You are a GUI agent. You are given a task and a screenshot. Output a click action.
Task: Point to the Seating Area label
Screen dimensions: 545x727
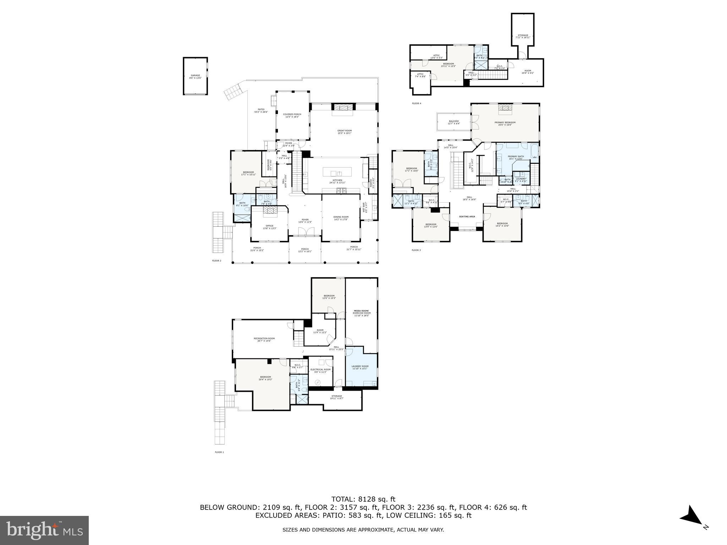point(467,216)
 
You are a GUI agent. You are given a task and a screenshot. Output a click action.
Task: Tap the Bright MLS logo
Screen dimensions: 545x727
point(44,530)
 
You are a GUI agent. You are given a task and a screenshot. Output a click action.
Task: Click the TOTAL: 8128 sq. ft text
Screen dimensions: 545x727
point(363,499)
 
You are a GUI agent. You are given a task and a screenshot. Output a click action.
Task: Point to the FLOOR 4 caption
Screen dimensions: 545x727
point(416,103)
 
